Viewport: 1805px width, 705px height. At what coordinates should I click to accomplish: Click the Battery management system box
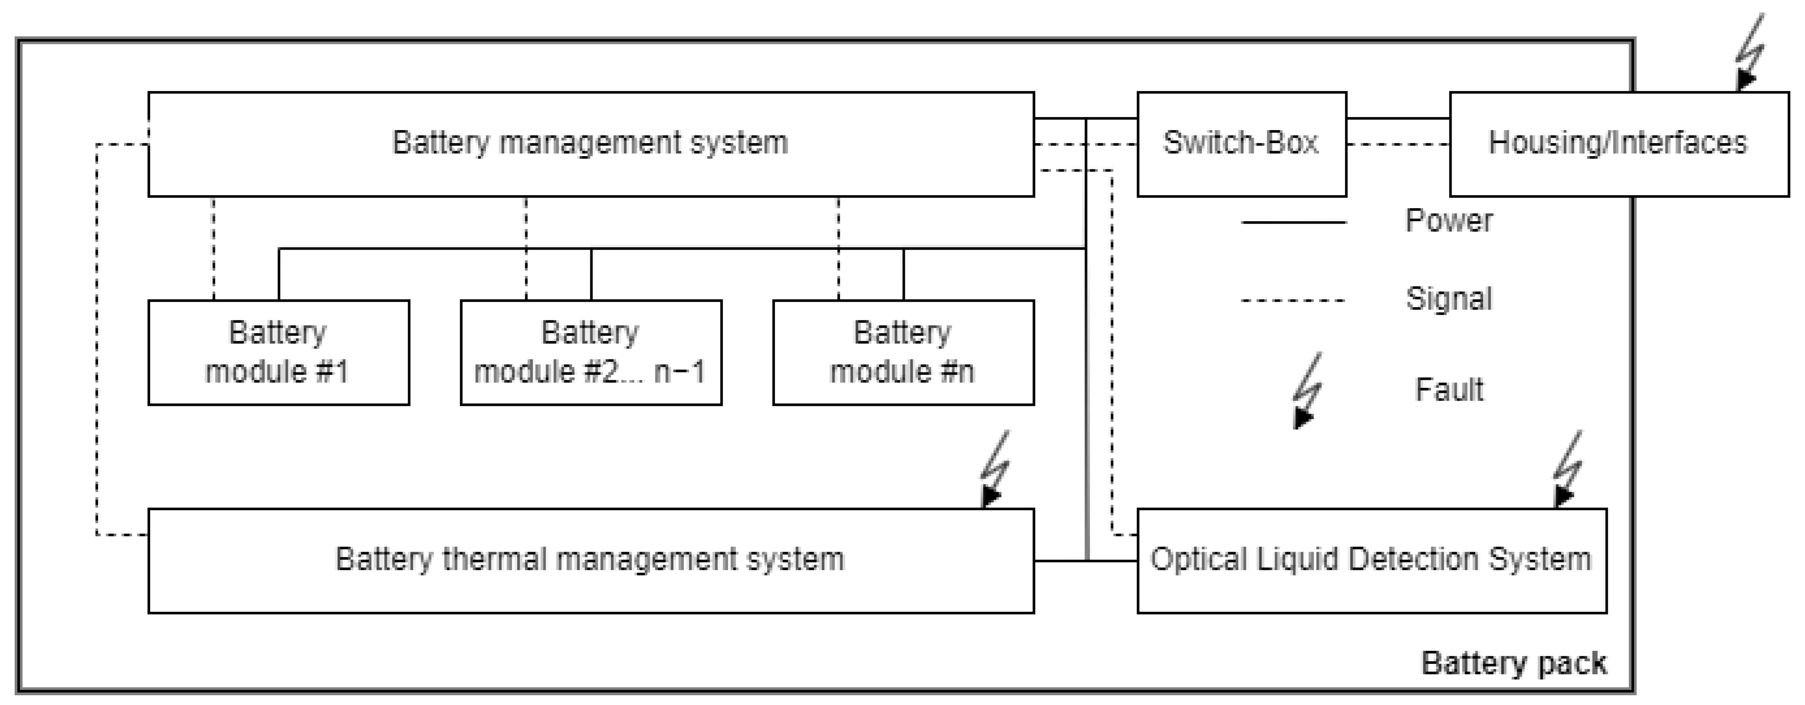(x=590, y=144)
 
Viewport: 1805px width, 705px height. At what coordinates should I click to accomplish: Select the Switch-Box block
(x=1241, y=144)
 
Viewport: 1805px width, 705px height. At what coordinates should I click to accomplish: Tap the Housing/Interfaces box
(x=1618, y=144)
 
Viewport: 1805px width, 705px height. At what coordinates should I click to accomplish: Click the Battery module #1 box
(x=278, y=352)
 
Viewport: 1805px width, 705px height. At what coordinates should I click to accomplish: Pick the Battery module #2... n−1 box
(x=590, y=352)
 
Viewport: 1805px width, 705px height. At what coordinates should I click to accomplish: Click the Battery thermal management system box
(x=590, y=560)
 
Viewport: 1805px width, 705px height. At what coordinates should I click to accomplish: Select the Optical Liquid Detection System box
(x=1371, y=560)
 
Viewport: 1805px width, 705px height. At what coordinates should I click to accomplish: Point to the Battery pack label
(x=1513, y=663)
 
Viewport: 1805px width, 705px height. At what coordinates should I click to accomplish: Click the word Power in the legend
(x=1448, y=221)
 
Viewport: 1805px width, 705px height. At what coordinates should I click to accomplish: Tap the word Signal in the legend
(x=1448, y=299)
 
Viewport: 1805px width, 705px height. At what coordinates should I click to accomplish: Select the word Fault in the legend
(x=1448, y=389)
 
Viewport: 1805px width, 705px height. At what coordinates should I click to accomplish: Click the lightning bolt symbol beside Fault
(x=1307, y=391)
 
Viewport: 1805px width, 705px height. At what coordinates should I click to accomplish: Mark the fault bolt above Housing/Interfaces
(x=1749, y=53)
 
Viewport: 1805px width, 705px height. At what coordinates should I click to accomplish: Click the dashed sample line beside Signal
(x=1293, y=300)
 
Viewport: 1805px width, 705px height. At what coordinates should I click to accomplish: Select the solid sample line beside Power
(x=1293, y=222)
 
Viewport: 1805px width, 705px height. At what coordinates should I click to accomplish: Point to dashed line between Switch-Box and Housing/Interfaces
(x=1398, y=144)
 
